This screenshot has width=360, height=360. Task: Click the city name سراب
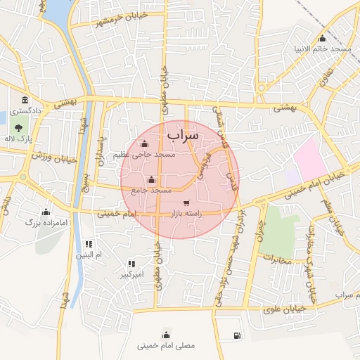(x=184, y=132)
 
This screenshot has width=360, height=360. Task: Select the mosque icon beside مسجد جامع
(x=152, y=179)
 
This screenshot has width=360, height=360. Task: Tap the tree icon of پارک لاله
(x=18, y=129)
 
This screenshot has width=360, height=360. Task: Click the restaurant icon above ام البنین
(x=88, y=243)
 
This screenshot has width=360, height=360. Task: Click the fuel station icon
(x=236, y=335)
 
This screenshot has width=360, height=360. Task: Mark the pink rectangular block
(x=309, y=159)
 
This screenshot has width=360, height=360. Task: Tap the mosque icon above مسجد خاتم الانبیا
(x=322, y=38)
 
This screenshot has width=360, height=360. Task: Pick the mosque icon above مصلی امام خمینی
(x=167, y=334)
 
